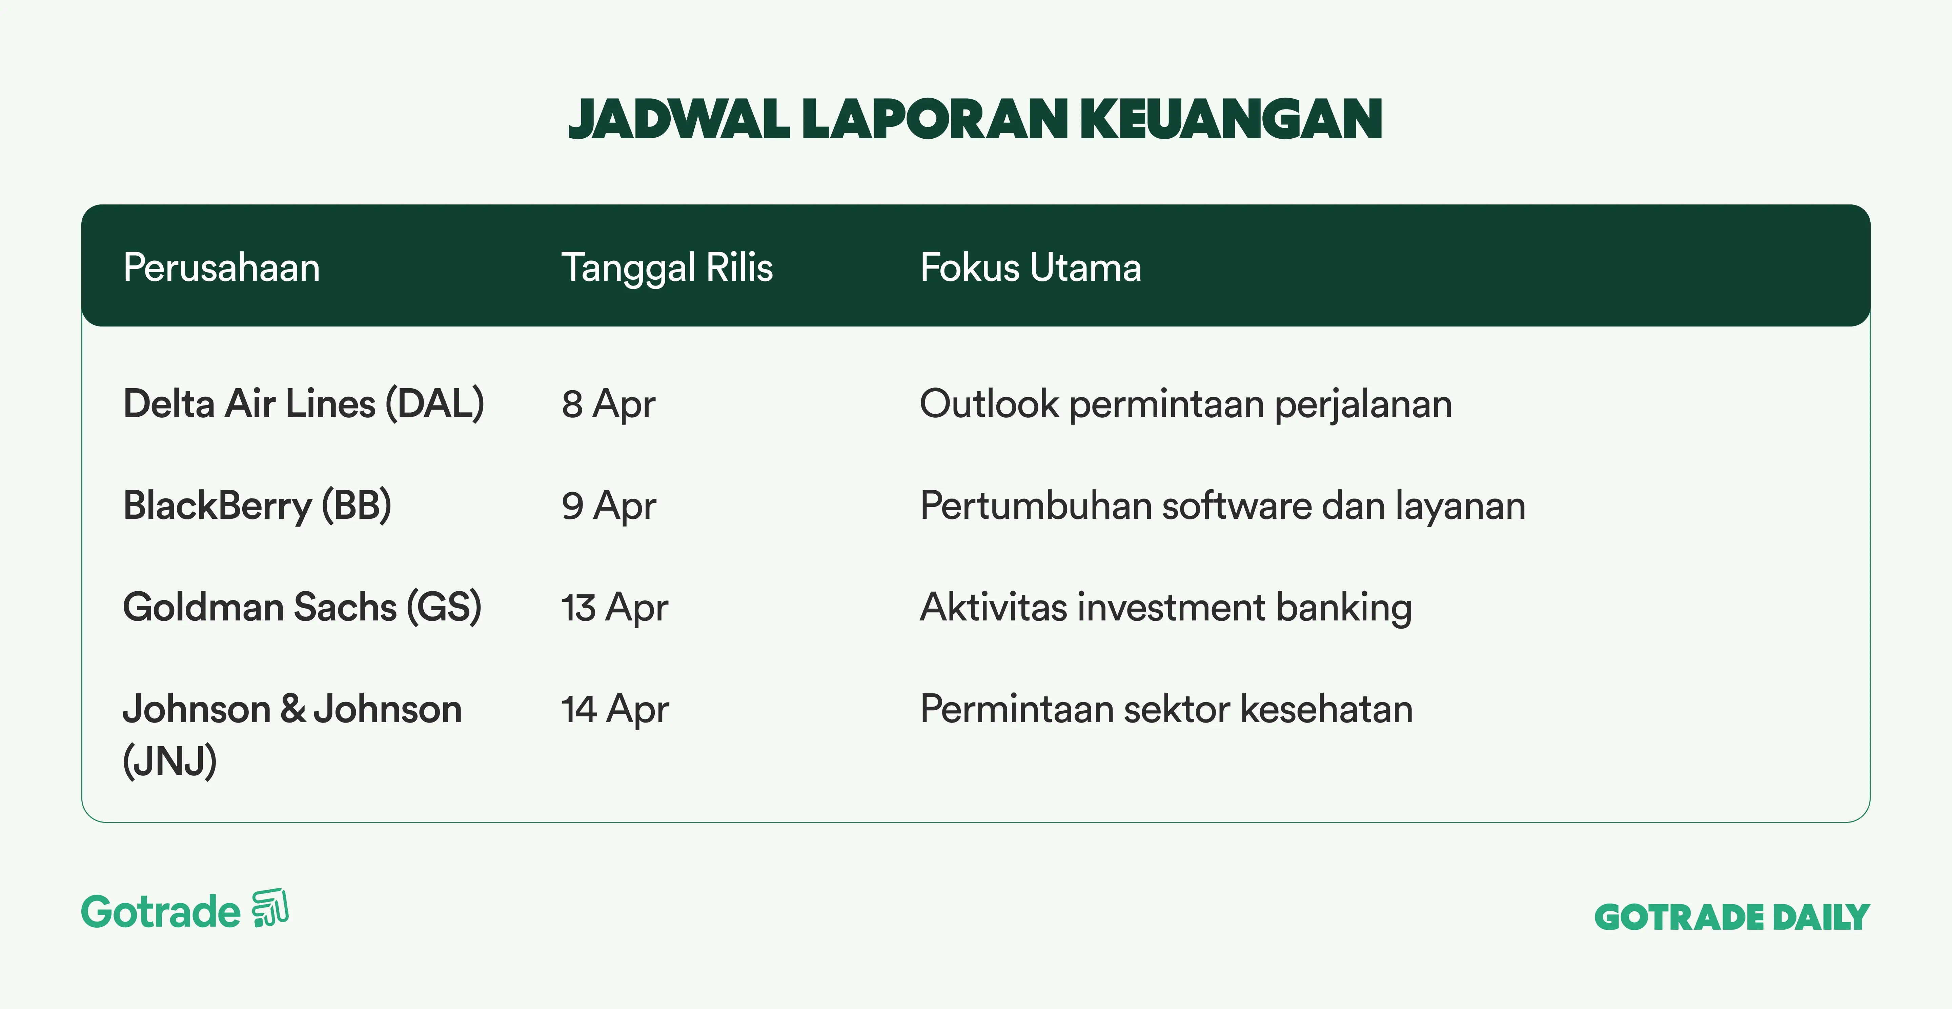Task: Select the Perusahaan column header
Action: pos(221,268)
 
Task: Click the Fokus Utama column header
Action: pos(1031,268)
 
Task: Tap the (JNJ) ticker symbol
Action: pos(170,761)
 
